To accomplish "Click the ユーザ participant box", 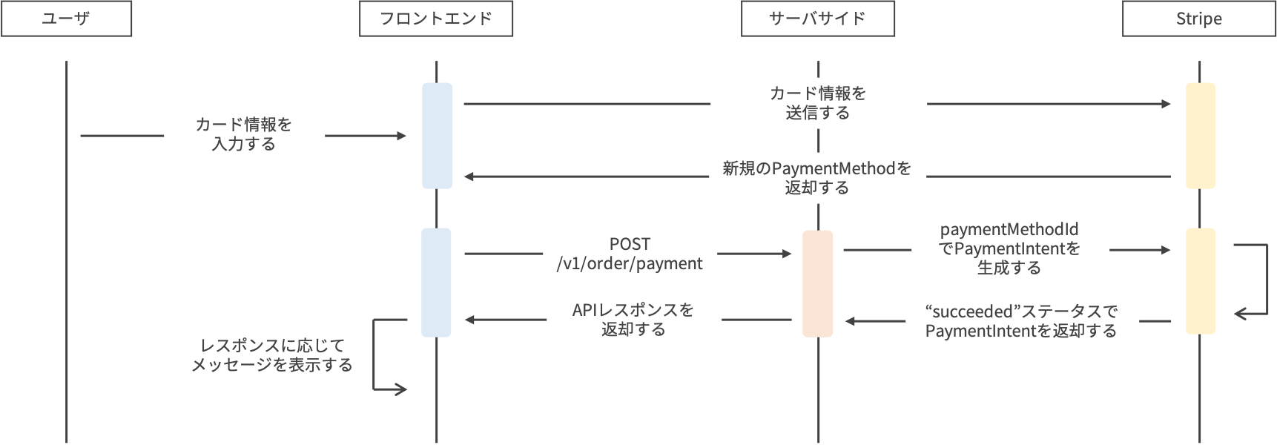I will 66,19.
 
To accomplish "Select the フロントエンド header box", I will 435,19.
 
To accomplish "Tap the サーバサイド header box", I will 817,19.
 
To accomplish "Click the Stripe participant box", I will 1198,19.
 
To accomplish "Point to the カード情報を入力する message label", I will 244,134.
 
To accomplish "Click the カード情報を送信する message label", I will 818,103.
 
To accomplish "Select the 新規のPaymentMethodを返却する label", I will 817,178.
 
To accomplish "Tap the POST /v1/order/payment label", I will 630,254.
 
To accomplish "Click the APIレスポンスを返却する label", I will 633,320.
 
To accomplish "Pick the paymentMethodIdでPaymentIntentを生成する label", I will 1009,249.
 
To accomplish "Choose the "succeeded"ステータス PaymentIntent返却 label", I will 1021,321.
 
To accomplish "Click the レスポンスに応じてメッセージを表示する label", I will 271,355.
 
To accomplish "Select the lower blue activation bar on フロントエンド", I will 436,283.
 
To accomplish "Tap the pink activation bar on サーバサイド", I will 817,283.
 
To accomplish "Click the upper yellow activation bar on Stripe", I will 1200,136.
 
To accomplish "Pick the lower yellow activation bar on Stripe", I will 1200,281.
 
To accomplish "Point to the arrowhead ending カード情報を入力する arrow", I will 402,136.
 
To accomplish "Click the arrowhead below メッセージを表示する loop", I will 403,389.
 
